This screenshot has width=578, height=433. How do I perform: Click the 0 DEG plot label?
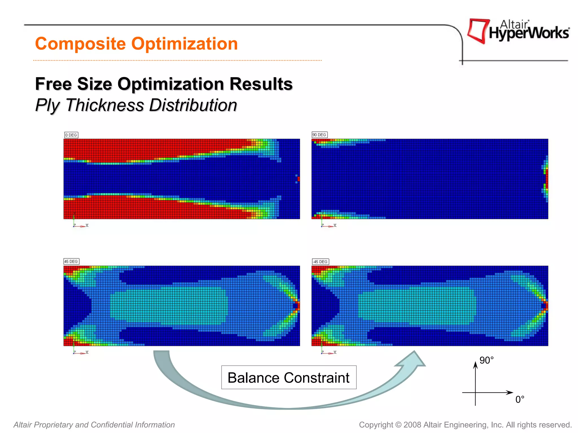click(71, 135)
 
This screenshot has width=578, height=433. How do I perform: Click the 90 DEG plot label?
click(319, 135)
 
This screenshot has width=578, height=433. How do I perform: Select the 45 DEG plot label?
click(71, 262)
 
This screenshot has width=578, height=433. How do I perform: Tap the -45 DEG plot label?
click(320, 262)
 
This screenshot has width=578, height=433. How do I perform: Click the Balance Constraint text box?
click(288, 377)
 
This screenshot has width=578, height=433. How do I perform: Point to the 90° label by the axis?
click(486, 360)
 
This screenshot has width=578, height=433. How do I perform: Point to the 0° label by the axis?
click(520, 399)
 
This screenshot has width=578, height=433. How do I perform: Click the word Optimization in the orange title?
click(185, 44)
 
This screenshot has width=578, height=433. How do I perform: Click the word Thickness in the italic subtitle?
click(105, 105)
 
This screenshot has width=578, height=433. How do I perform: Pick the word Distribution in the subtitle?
click(193, 105)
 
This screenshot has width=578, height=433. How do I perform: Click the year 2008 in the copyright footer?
click(412, 425)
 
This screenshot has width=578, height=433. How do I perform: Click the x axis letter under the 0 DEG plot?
click(87, 225)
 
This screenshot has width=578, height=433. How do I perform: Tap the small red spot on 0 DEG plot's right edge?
click(298, 179)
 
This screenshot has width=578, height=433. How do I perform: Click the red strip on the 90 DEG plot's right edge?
click(547, 178)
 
